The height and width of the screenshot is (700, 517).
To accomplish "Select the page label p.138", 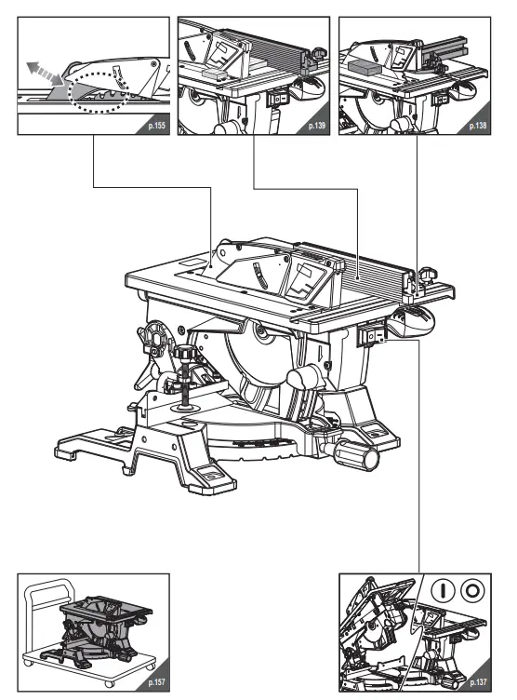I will pos(477,123).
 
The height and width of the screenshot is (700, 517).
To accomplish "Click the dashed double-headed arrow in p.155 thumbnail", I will pos(42,71).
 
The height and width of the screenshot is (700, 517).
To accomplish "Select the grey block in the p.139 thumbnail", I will pos(213,69).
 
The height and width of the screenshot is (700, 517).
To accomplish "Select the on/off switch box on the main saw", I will pos(369,335).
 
